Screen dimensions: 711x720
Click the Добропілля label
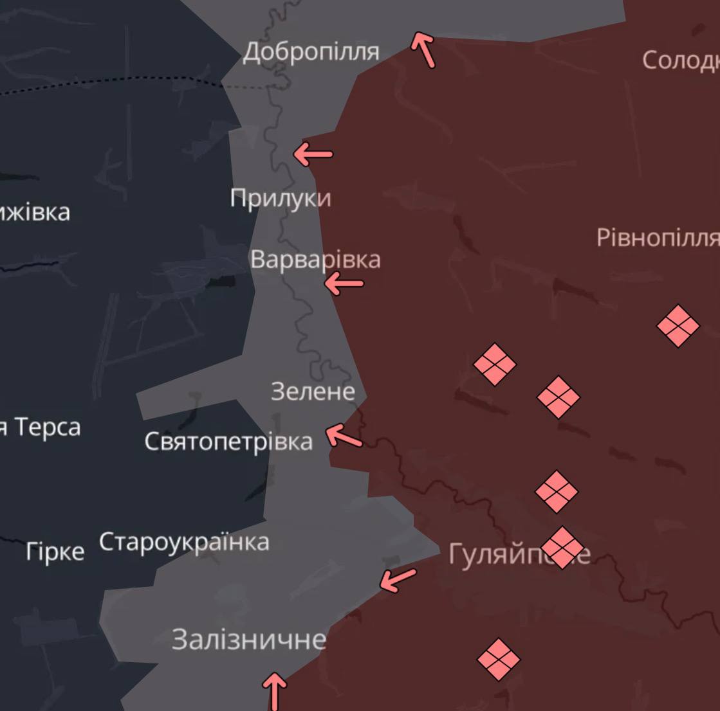[x=311, y=51]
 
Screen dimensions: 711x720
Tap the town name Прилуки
[x=281, y=198]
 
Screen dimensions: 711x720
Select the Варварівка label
[x=315, y=260]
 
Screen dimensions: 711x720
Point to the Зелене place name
[x=313, y=391]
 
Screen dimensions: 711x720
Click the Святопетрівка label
[x=228, y=441]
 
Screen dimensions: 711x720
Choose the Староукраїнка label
[x=184, y=542]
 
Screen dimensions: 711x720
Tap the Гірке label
[x=55, y=552]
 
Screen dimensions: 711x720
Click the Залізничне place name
[x=249, y=640]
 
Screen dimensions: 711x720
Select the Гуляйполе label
[x=519, y=553]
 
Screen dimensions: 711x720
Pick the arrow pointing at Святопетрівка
[x=344, y=437]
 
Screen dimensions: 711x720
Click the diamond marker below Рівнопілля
[x=678, y=326]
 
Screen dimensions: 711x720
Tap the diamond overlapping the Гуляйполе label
[x=562, y=548]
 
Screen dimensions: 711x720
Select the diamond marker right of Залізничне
[x=499, y=659]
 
